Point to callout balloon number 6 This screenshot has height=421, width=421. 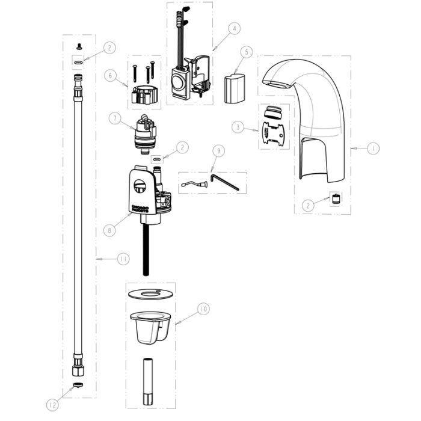point(109,75)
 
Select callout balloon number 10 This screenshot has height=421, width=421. point(204,309)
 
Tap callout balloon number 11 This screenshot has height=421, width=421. point(123,259)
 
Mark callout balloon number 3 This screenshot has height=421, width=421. point(239,127)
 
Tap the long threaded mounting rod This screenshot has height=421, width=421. point(146,250)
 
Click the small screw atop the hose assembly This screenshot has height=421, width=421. point(78,46)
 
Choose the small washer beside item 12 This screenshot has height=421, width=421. point(78,385)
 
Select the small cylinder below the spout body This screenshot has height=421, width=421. point(337,200)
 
